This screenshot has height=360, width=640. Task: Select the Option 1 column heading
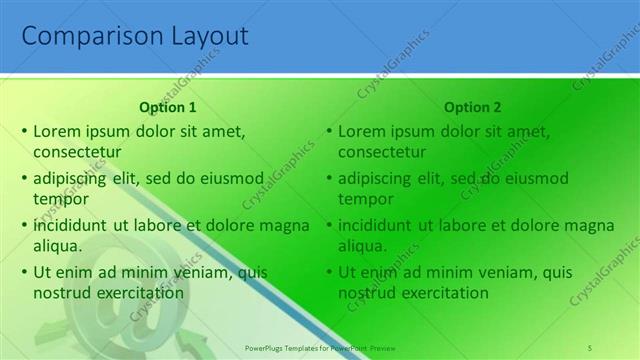168,107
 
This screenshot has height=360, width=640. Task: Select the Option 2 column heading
473,107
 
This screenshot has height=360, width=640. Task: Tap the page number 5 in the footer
590,346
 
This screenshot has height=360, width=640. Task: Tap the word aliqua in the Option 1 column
58,245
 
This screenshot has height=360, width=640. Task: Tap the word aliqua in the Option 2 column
363,245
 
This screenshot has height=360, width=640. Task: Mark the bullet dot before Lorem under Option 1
24,131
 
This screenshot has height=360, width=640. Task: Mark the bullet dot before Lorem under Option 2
329,131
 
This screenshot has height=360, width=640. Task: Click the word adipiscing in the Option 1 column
72,178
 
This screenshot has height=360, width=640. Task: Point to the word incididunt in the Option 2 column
376,225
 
